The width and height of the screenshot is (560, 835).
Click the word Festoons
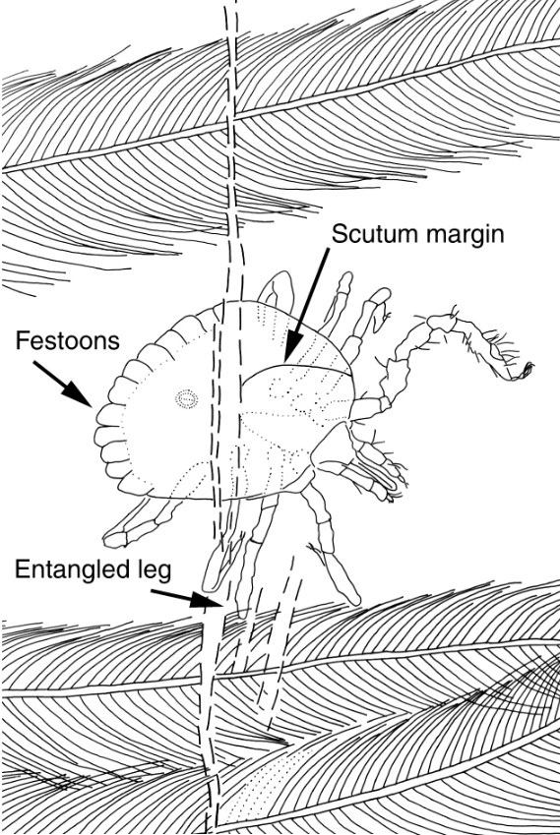[x=67, y=340]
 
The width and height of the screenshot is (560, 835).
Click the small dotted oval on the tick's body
[x=186, y=398]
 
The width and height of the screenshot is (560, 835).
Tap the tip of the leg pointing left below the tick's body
[x=113, y=539]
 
